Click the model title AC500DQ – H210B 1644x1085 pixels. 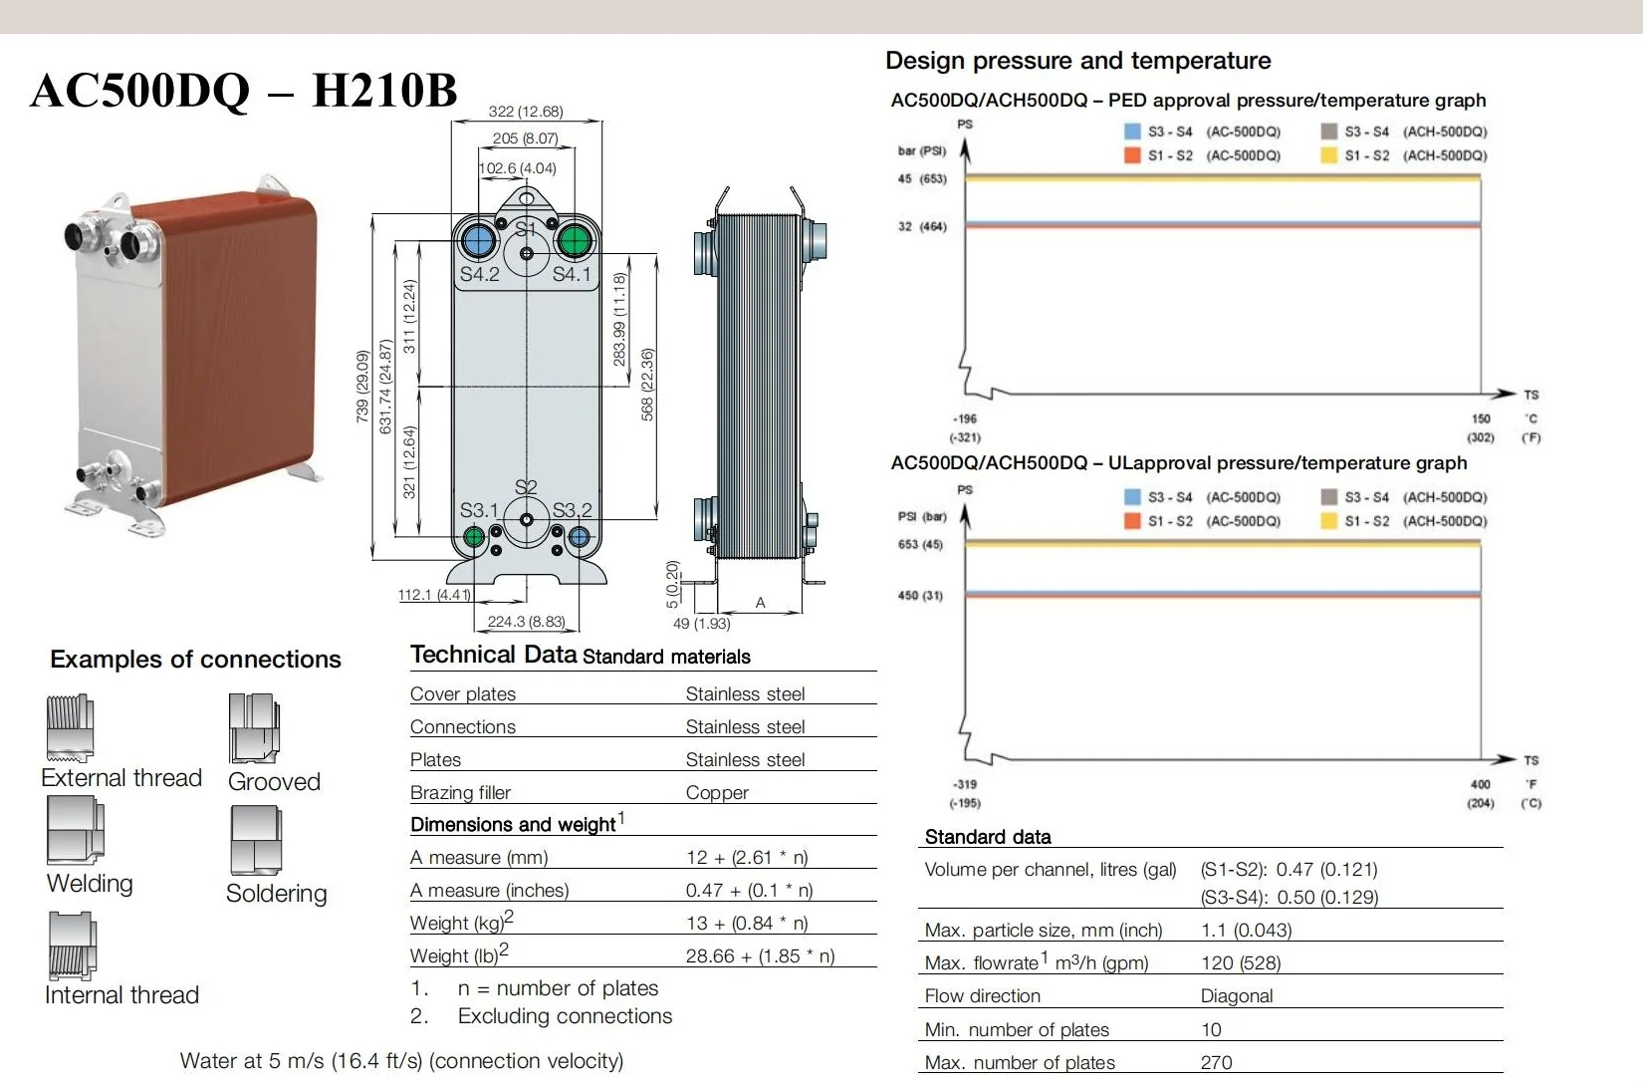pyautogui.click(x=244, y=91)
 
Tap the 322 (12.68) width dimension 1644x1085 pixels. pyautogui.click(x=526, y=112)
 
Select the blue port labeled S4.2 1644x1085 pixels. pyautogui.click(x=478, y=241)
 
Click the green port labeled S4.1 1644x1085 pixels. pyautogui.click(x=574, y=241)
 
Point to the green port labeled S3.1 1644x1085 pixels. pyautogui.click(x=475, y=538)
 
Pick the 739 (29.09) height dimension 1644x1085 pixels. pyautogui.click(x=362, y=387)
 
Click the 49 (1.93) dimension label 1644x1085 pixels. pyautogui.click(x=701, y=624)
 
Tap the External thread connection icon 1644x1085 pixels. pyautogui.click(x=70, y=728)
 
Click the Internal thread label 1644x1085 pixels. pyautogui.click(x=121, y=995)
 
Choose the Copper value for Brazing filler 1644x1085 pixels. pyautogui.click(x=717, y=793)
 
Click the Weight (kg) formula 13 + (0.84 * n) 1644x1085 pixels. pyautogui.click(x=747, y=924)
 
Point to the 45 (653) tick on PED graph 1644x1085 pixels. pyautogui.click(x=921, y=179)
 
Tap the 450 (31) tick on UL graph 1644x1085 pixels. pyautogui.click(x=920, y=596)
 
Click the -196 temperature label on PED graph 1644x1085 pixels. pyautogui.click(x=965, y=419)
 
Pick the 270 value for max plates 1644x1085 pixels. pyautogui.click(x=1216, y=1063)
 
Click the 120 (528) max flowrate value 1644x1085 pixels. pyautogui.click(x=1241, y=963)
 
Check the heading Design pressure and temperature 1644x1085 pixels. pyautogui.click(x=1077, y=61)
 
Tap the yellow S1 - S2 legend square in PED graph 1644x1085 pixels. pyautogui.click(x=1328, y=155)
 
